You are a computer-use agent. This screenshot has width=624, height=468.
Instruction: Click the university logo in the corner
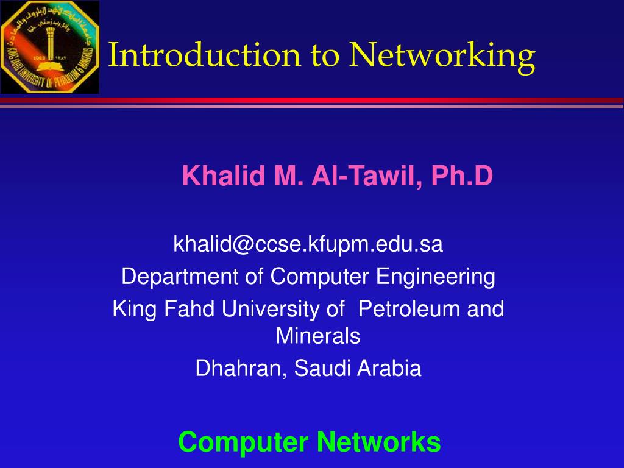(49, 47)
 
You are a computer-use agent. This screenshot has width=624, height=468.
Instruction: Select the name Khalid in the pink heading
(216, 177)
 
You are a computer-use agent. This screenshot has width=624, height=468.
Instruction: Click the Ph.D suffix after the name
(461, 177)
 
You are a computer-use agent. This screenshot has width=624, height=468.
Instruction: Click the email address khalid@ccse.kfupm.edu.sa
(308, 244)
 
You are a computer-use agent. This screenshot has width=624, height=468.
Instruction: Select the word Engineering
(435, 277)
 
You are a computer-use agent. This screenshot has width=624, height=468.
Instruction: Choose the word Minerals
(318, 336)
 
